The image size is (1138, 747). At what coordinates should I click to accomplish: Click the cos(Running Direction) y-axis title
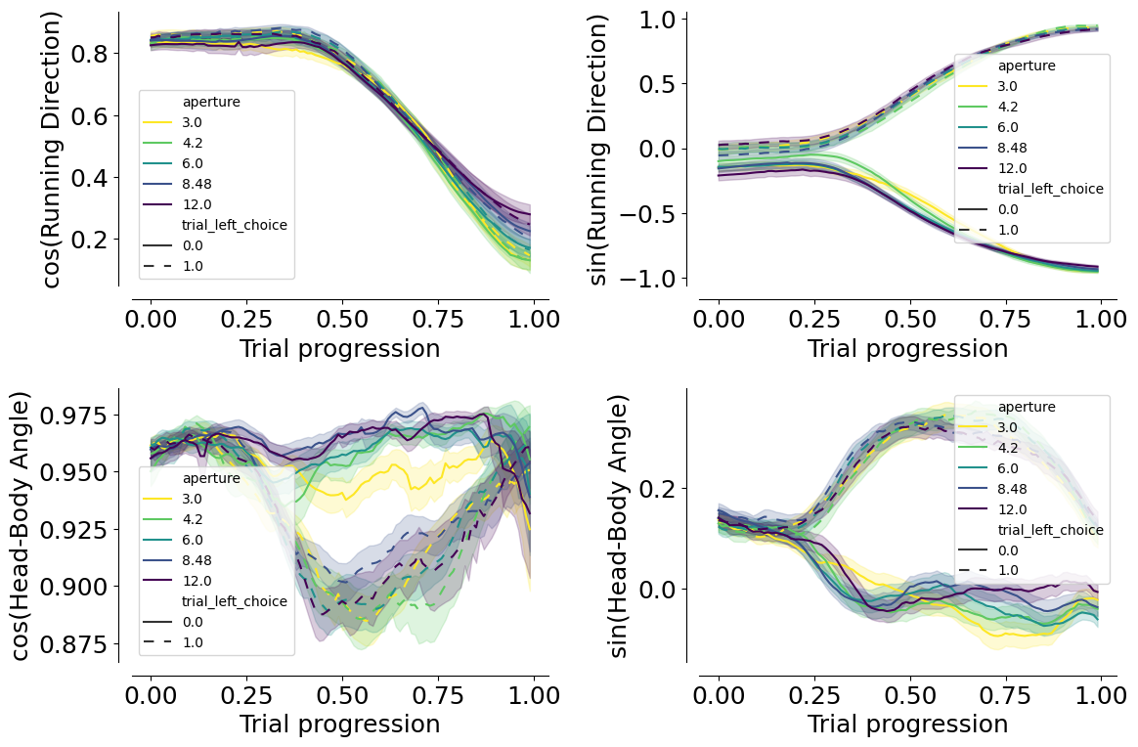(52, 151)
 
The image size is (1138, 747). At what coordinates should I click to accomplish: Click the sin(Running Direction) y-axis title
(597, 151)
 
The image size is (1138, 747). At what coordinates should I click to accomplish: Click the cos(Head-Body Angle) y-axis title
(22, 526)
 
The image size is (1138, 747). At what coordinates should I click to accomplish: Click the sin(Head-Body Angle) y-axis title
(618, 526)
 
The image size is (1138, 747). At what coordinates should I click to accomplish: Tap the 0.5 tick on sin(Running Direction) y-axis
(659, 84)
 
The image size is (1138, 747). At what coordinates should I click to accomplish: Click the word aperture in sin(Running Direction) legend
(1027, 66)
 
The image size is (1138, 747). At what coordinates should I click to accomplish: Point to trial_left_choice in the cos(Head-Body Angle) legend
(235, 602)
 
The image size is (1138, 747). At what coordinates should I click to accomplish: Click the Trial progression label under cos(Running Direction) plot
(339, 348)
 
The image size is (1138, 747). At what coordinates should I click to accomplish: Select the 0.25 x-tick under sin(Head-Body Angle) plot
(814, 695)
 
